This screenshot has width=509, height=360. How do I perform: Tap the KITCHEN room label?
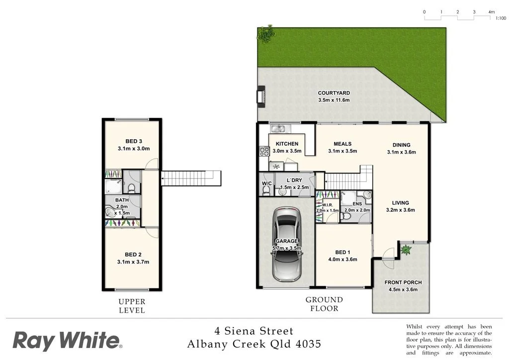pyautogui.click(x=287, y=144)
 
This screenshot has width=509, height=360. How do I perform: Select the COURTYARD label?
pyautogui.click(x=334, y=93)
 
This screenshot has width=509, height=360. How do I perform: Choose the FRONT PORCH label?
pyautogui.click(x=403, y=282)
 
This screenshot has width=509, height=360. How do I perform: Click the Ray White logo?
pyautogui.click(x=67, y=341)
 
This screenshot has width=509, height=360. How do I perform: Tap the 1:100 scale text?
pyautogui.click(x=501, y=18)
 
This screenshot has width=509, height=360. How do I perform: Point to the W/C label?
pyautogui.click(x=266, y=183)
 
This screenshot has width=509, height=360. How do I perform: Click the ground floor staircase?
pyautogui.click(x=348, y=180)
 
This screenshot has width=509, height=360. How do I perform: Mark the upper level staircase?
pyautogui.click(x=190, y=178)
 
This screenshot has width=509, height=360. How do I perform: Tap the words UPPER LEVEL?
pyautogui.click(x=132, y=306)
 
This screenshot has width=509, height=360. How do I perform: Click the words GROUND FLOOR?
pyautogui.click(x=324, y=304)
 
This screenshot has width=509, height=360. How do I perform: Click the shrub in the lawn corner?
pyautogui.click(x=266, y=34)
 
